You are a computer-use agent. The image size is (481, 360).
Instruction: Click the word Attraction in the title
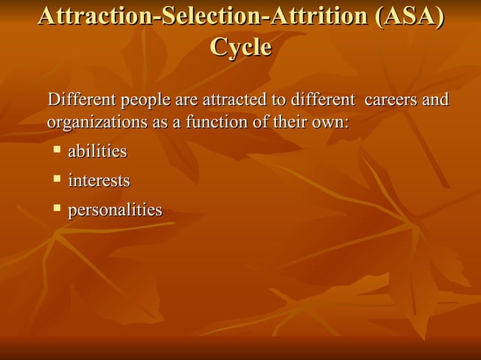coord(93,17)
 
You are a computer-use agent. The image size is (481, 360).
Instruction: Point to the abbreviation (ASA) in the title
coord(408,17)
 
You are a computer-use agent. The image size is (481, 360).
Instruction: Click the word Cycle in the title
coord(240,47)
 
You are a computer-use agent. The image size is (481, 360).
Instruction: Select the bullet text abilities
coord(97,152)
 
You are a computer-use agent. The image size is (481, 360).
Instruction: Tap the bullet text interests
coord(99,181)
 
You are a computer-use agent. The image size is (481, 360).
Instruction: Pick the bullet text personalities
coord(115,210)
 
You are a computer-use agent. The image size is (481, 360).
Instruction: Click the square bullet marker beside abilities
coord(57,150)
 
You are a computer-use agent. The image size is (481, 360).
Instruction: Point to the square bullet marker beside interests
coord(57,178)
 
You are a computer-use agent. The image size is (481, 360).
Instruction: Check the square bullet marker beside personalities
coord(57,208)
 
